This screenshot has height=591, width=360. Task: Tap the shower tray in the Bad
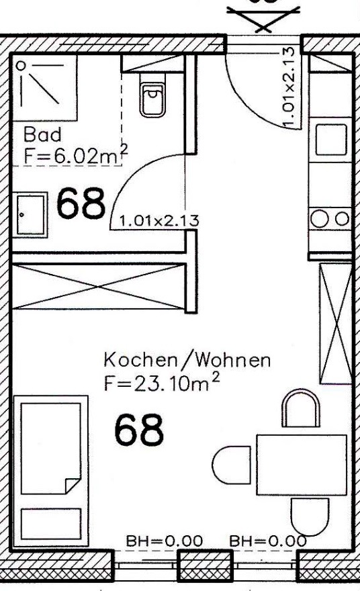45,88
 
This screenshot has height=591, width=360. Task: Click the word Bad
42,134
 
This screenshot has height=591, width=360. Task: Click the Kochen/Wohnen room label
187,361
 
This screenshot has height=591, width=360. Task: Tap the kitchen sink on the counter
331,140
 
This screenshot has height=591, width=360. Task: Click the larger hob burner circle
319,220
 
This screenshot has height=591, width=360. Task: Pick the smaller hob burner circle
342,219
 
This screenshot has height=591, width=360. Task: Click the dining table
301,465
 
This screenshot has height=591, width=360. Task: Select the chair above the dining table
301,408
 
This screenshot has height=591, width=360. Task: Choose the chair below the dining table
310,517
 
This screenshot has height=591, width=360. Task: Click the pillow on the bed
51,524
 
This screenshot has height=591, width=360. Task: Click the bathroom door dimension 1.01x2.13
159,220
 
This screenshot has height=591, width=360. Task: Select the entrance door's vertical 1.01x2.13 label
288,87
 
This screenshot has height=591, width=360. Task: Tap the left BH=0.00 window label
164,541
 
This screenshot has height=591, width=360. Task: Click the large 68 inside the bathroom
81,203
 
